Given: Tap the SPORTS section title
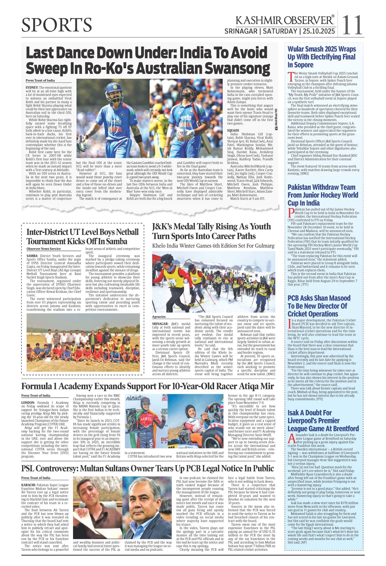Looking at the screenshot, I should pyautogui.click(x=57, y=25).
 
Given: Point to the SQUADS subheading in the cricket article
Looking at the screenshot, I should pyautogui.click(x=233, y=130).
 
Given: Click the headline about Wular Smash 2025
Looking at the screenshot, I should pyautogui.click(x=321, y=57).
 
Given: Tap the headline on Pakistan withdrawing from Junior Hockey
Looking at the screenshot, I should pyautogui.click(x=322, y=195).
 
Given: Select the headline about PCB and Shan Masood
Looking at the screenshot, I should pyautogui.click(x=319, y=306).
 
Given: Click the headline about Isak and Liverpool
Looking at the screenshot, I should pyautogui.click(x=323, y=420).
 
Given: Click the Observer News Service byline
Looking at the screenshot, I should pyautogui.click(x=44, y=249).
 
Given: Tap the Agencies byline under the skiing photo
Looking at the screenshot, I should pyautogui.click(x=159, y=317).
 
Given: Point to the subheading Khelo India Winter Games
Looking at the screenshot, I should pyautogui.click(x=213, y=246).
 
